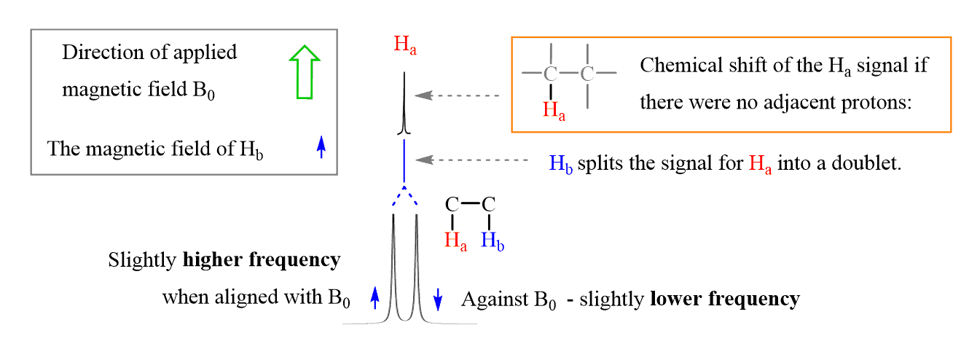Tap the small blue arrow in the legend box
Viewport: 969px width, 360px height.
(x=321, y=147)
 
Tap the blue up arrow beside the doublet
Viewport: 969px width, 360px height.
(x=375, y=297)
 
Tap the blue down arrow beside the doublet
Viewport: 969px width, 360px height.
(x=438, y=297)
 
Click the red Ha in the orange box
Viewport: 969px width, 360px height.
(x=554, y=110)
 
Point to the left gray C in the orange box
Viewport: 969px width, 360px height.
(x=551, y=74)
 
